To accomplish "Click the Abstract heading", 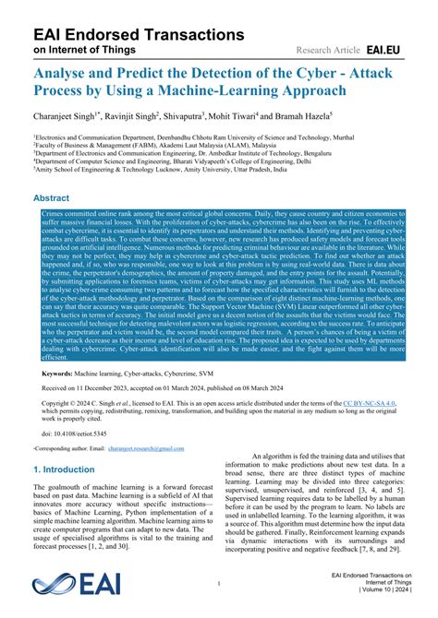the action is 57,197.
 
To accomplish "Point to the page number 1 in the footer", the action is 219,584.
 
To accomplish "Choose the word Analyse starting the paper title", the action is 64,70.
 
